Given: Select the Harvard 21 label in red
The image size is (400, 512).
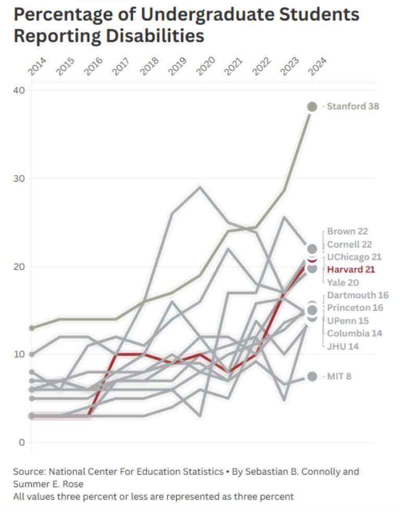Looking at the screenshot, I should coord(351,269).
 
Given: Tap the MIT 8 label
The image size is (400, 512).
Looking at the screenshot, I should coord(339,376).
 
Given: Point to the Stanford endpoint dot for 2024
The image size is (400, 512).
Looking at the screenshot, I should coord(312,107).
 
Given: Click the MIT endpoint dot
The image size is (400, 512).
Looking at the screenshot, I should coord(312,376).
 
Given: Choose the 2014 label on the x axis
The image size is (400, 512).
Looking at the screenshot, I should coord(38,67).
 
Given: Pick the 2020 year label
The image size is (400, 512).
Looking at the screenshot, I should coord(206,67).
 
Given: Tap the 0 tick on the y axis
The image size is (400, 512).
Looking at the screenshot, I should coord(22,443).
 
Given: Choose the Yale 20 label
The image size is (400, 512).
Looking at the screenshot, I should coord(343,282).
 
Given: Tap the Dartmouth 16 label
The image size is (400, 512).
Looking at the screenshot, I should coord(358,295).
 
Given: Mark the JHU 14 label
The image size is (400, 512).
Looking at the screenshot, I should coord(343,346).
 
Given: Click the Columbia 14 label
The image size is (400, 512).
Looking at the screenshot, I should coord(354,333).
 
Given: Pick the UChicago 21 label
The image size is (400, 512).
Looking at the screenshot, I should coord(354,257).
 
